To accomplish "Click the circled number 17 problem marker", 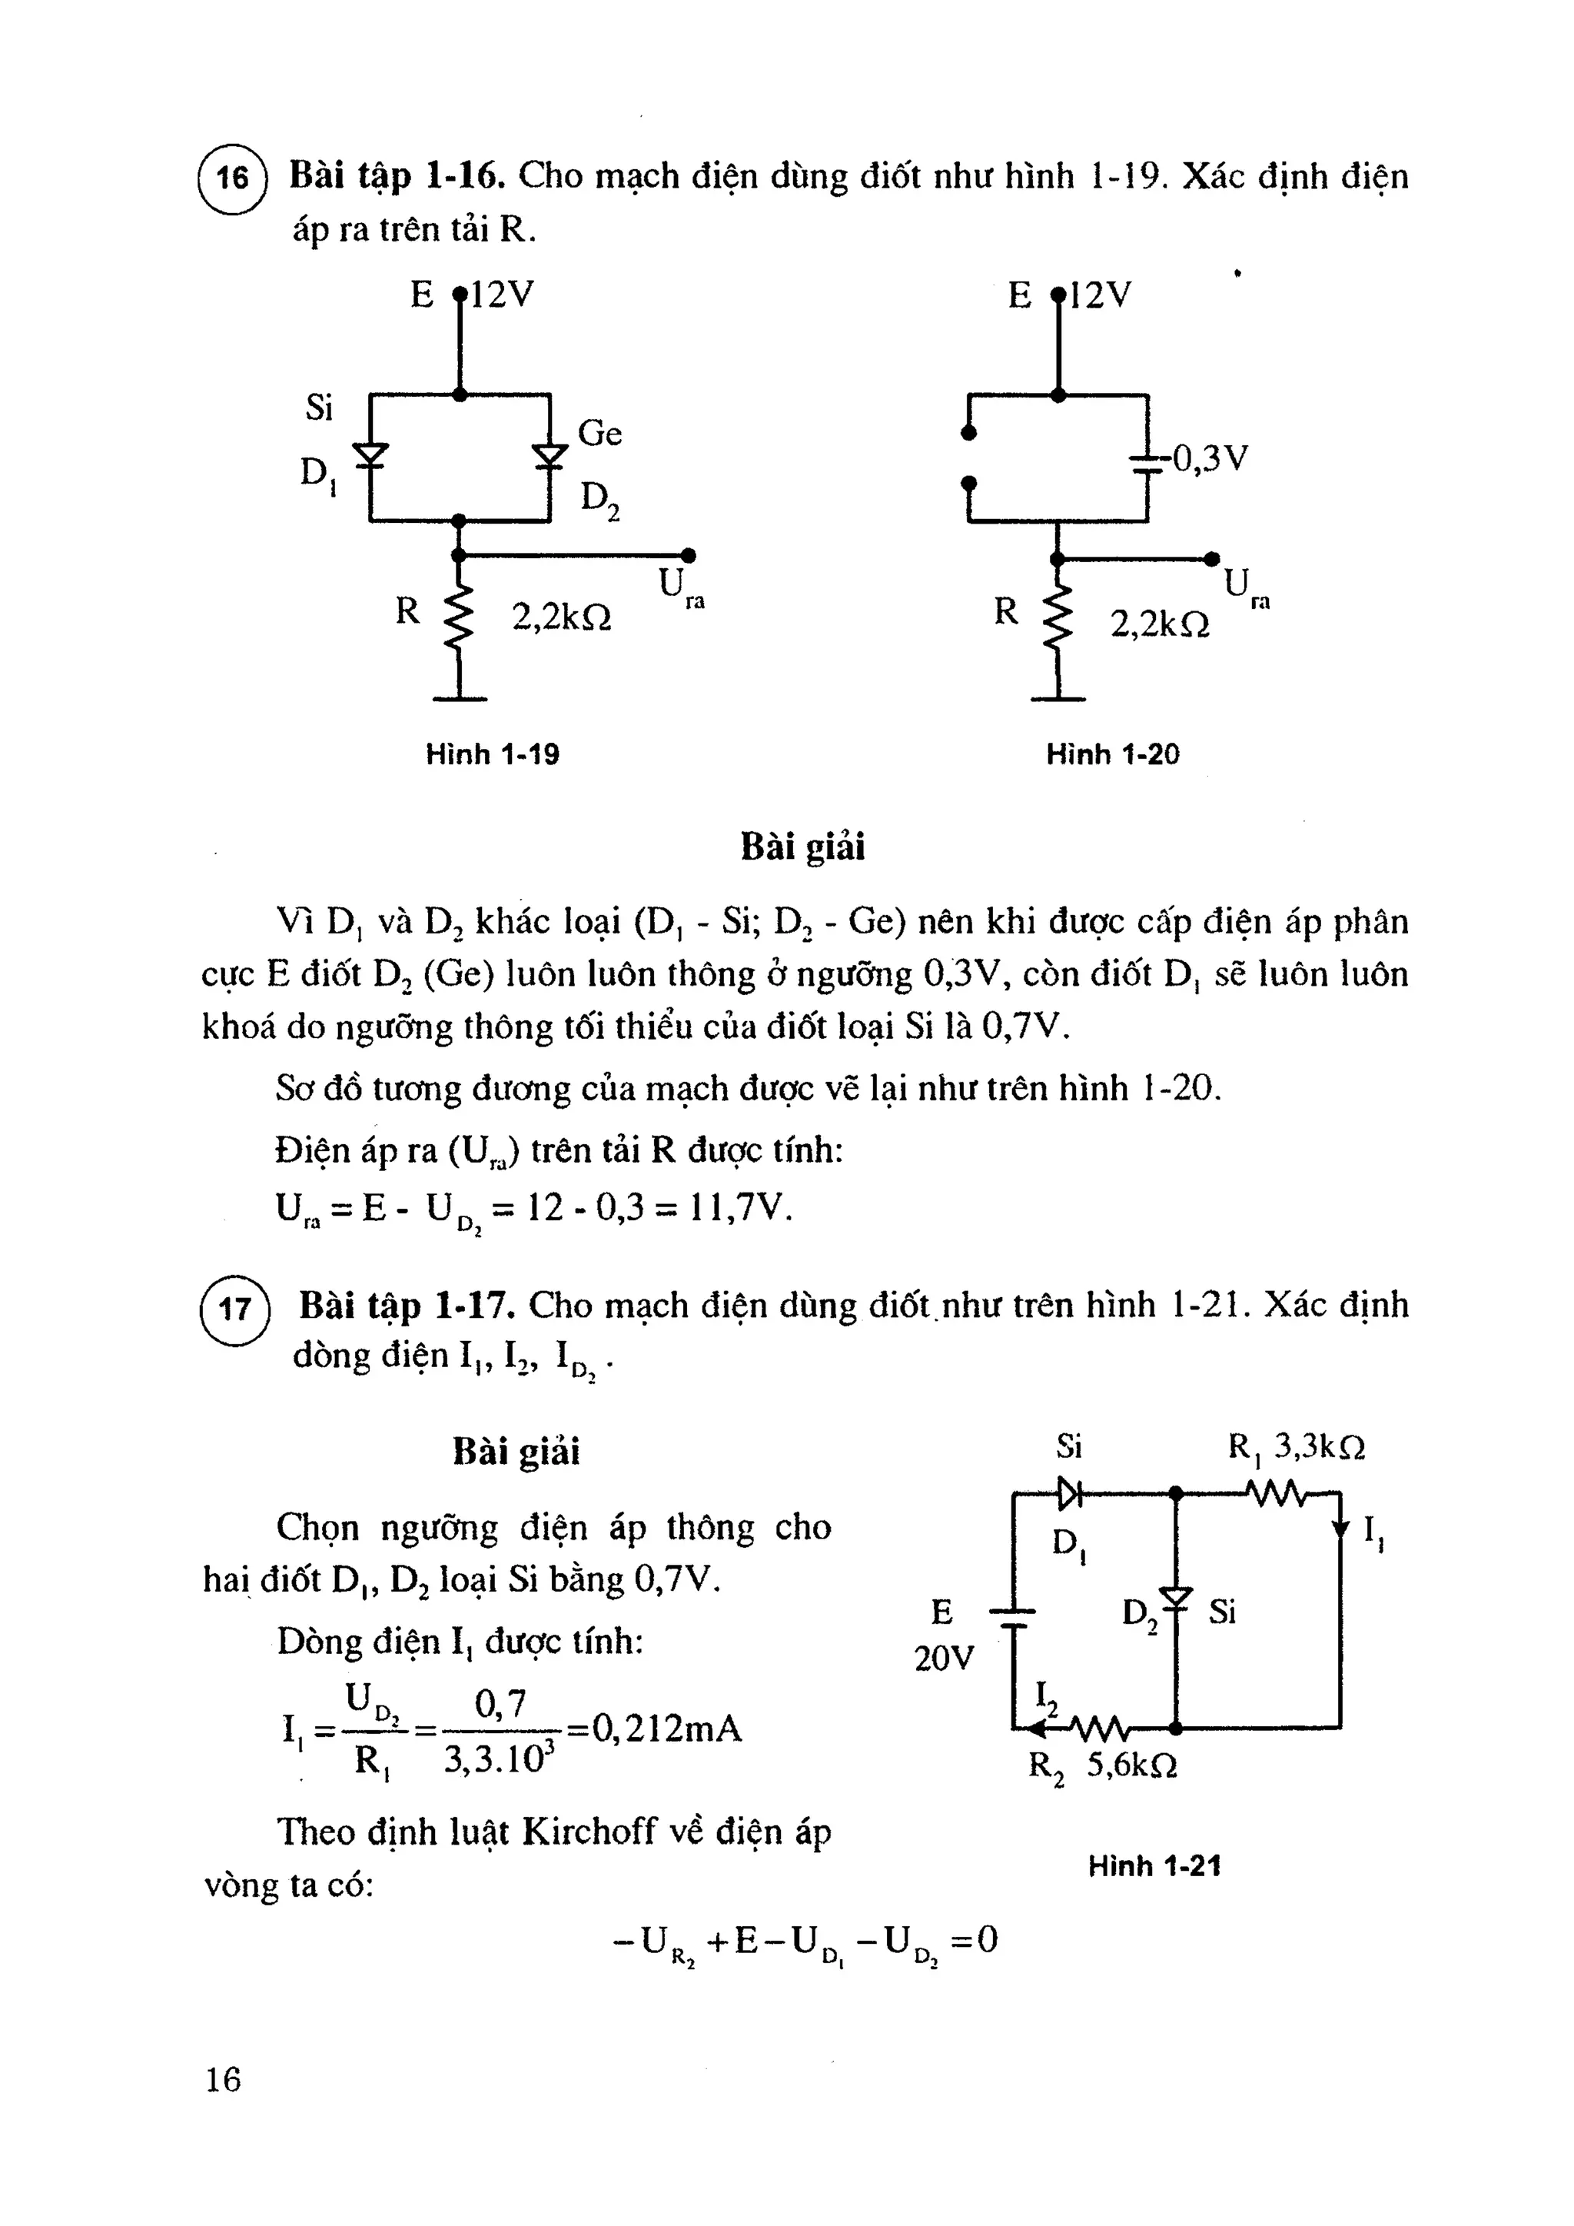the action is tap(234, 1309).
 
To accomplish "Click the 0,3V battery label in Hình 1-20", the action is tap(1210, 458).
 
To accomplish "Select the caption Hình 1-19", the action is tap(493, 754).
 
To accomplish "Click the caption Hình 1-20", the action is tap(1113, 754).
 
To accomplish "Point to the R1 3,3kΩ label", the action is tap(1297, 1449).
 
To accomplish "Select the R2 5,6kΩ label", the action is tap(1103, 1765).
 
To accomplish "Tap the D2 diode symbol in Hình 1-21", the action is tap(1176, 1598).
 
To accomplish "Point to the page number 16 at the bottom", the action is tap(223, 2078).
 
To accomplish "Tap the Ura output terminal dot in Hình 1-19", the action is tap(688, 555).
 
